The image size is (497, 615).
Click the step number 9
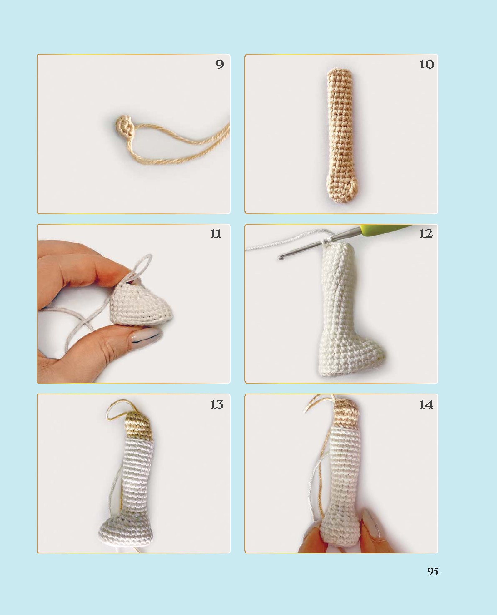(220, 64)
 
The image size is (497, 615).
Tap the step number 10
(427, 64)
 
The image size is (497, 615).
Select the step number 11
(216, 234)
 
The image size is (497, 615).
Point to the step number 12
(426, 234)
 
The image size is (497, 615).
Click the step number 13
(217, 404)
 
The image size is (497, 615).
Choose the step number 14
(426, 404)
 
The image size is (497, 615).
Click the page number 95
(433, 571)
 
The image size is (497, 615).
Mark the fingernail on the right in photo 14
(373, 525)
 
